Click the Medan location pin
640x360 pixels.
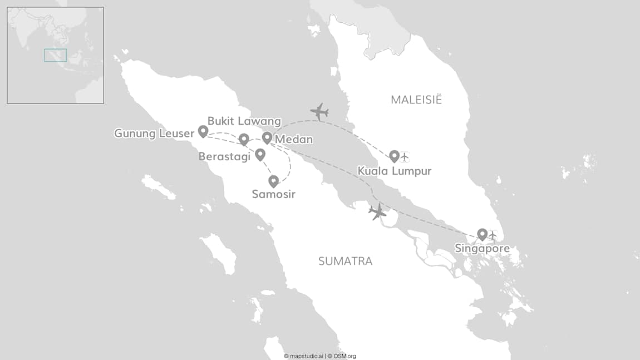(267, 137)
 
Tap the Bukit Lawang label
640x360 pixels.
(244, 121)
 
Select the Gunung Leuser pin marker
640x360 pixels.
(203, 131)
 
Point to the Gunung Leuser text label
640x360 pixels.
(154, 134)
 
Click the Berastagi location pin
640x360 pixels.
(260, 154)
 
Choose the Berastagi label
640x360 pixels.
(224, 157)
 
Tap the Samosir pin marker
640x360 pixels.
(273, 181)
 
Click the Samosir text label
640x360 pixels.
(273, 195)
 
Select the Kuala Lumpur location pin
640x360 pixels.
(394, 156)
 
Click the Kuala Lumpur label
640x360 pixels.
(395, 171)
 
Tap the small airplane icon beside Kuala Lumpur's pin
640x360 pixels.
(405, 157)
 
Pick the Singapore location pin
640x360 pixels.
(483, 234)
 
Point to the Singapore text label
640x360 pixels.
(482, 249)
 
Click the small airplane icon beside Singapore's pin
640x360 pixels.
(492, 235)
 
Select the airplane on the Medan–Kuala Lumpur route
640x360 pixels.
(319, 111)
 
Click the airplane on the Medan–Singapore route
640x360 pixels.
(377, 211)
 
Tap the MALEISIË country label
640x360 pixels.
(416, 100)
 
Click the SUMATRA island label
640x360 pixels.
(345, 261)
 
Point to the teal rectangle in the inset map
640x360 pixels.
(55, 55)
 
